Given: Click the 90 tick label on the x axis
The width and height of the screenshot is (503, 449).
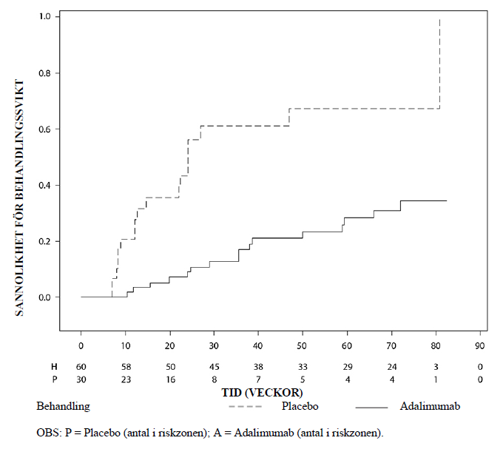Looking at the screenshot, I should coord(480,345).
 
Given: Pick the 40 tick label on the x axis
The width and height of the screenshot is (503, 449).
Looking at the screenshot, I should coord(258,345).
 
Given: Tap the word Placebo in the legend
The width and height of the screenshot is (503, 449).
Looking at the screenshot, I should coord(300,407).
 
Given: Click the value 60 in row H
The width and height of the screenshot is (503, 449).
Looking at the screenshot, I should coord(81,367).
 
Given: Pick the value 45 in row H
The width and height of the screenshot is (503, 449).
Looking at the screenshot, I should coord(214,367).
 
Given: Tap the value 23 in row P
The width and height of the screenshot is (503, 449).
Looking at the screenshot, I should coord(126,379).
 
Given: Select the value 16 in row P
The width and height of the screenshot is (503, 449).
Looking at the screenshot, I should coord(169,379).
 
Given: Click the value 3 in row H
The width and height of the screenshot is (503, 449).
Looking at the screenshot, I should coord(436,367).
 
